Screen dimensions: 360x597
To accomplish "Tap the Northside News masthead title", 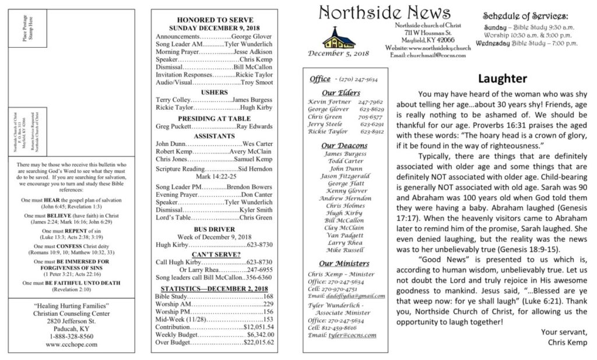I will (x=384, y=13).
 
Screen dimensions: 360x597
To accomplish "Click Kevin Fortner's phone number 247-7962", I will (x=370, y=102).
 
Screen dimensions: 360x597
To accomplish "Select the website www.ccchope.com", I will (x=73, y=344).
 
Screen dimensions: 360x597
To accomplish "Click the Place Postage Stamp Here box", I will (x=29, y=28).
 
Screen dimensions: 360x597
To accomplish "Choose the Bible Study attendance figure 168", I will (x=268, y=296).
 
